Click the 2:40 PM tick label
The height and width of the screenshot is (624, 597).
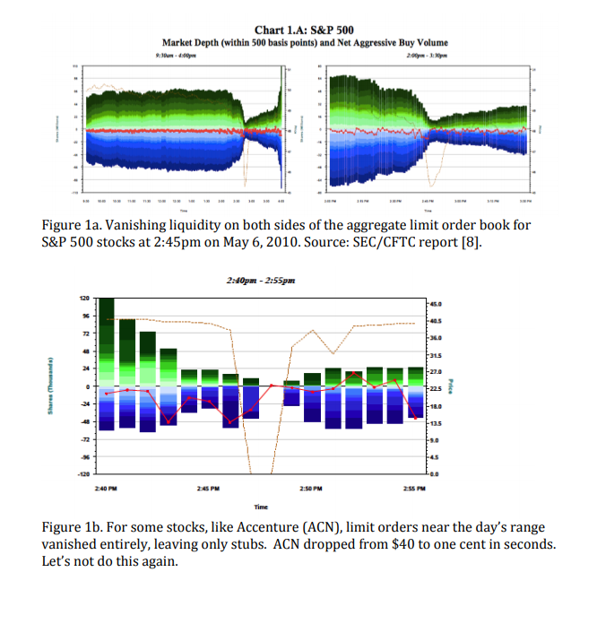pyautogui.click(x=107, y=490)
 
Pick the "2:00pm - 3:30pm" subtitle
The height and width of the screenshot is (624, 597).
pyautogui.click(x=427, y=55)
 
